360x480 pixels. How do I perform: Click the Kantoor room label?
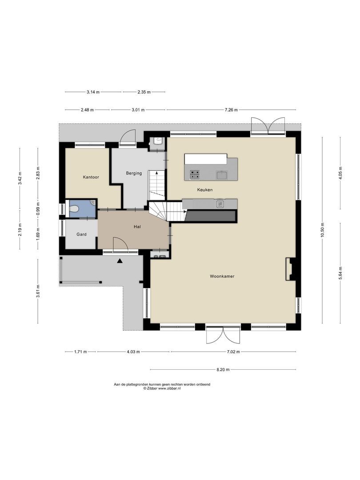click(91, 177)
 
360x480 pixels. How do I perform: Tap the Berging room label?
click(134, 173)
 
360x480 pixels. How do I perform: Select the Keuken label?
click(205, 190)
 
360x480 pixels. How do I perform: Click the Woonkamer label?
click(222, 276)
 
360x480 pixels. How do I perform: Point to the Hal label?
click(137, 227)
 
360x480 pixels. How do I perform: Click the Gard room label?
click(81, 234)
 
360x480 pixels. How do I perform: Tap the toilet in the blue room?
click(75, 209)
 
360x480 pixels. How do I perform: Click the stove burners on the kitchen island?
click(195, 174)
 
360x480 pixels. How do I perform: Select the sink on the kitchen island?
click(222, 175)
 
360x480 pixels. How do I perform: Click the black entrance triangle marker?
click(120, 261)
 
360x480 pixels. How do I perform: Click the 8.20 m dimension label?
click(223, 369)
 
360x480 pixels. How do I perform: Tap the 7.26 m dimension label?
click(231, 110)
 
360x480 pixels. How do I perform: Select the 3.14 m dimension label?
click(93, 92)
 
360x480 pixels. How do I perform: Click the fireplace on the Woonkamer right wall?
click(290, 269)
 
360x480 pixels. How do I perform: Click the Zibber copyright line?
click(162, 388)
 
